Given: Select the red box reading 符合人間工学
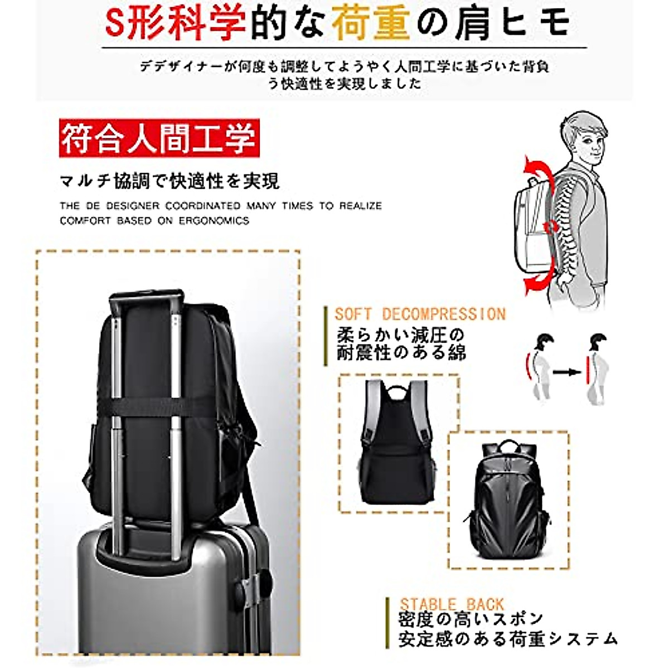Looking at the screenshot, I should coord(159,138).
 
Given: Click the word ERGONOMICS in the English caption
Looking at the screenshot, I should coord(214,220).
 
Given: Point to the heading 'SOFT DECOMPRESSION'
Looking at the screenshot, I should coord(420,314).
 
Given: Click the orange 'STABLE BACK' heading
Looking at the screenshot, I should coord(452,604).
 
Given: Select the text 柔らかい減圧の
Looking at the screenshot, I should coord(400,336).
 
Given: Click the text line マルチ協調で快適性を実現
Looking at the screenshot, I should coord(169,181).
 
